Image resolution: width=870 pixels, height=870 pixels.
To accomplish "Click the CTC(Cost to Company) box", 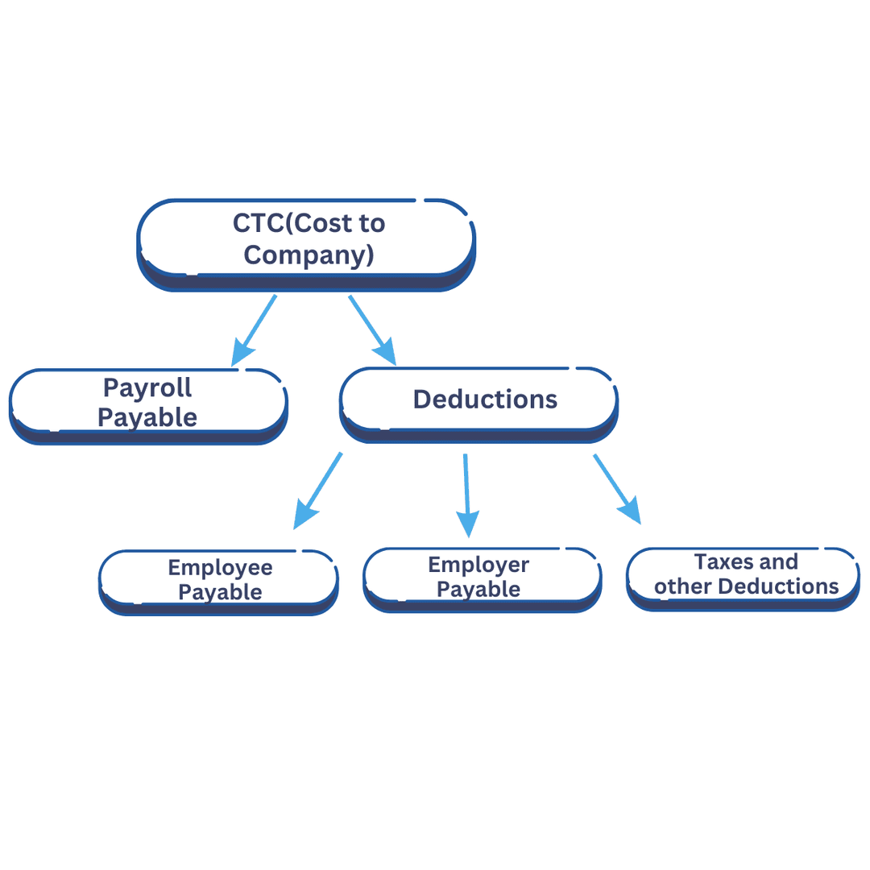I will [306, 242].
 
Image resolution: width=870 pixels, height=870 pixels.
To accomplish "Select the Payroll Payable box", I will [148, 403].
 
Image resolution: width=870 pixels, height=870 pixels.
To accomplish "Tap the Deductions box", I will [479, 400].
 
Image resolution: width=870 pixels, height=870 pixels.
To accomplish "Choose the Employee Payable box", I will [218, 580].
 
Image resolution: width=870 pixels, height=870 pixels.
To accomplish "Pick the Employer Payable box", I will [482, 577].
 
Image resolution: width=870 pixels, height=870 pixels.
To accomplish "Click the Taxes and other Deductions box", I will [744, 574].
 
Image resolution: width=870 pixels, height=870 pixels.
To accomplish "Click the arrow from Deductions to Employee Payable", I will [317, 491].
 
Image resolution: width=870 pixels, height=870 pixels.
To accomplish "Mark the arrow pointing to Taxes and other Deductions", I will [617, 489].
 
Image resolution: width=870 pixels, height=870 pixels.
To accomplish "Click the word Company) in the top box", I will [309, 255].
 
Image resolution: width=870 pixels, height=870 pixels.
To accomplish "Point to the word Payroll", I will [148, 387].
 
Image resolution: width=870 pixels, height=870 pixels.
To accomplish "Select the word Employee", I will [220, 568].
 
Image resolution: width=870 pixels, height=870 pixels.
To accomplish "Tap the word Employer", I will [478, 565].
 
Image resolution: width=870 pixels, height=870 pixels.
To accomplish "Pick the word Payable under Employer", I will [478, 590].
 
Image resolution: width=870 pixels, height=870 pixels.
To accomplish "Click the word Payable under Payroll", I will [148, 417].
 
